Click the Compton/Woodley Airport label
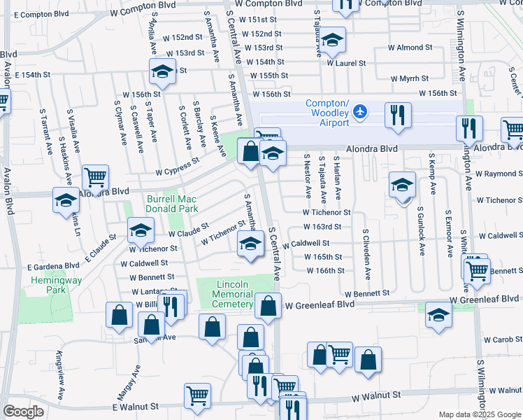pos(327,113)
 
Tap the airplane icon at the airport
pos(359,111)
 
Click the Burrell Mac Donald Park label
pos(172,203)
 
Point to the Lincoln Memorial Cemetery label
pos(234,294)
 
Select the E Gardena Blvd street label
pos(53,267)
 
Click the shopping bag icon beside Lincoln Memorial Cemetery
pos(268,305)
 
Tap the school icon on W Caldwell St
pos(250,245)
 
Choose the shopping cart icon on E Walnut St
pos(197,395)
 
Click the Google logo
pos(23,412)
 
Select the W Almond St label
pos(410,48)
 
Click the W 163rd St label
pos(322,227)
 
